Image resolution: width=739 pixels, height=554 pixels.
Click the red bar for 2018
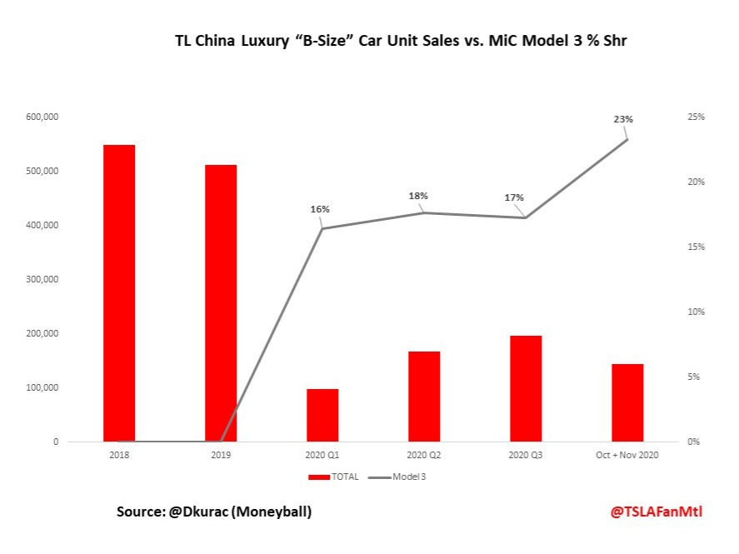pyautogui.click(x=119, y=293)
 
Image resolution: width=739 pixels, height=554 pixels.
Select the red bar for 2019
pyautogui.click(x=221, y=303)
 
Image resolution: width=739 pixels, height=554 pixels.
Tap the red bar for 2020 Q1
pyautogui.click(x=322, y=415)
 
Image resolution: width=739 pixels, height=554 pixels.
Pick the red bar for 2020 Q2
pyautogui.click(x=424, y=397)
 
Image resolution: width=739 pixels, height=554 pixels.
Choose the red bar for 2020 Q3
pyautogui.click(x=526, y=388)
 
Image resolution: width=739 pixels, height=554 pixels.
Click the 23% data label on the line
pyautogui.click(x=623, y=119)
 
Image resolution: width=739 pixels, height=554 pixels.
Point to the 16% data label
pyautogui.click(x=320, y=209)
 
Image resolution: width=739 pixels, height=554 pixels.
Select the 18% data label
pyautogui.click(x=418, y=196)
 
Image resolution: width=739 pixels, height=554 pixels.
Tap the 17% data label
pyautogui.click(x=514, y=197)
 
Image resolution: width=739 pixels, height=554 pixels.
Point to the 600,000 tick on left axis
pyautogui.click(x=42, y=117)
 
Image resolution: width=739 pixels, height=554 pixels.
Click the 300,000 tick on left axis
pyautogui.click(x=42, y=280)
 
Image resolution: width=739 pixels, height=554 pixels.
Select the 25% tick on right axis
pyautogui.click(x=696, y=117)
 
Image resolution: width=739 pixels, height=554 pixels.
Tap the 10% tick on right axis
pyautogui.click(x=696, y=312)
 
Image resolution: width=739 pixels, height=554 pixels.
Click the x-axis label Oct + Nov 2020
pyautogui.click(x=627, y=456)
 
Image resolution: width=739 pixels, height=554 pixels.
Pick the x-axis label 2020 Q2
pyautogui.click(x=424, y=456)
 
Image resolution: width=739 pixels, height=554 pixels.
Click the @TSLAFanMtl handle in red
pyautogui.click(x=656, y=512)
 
